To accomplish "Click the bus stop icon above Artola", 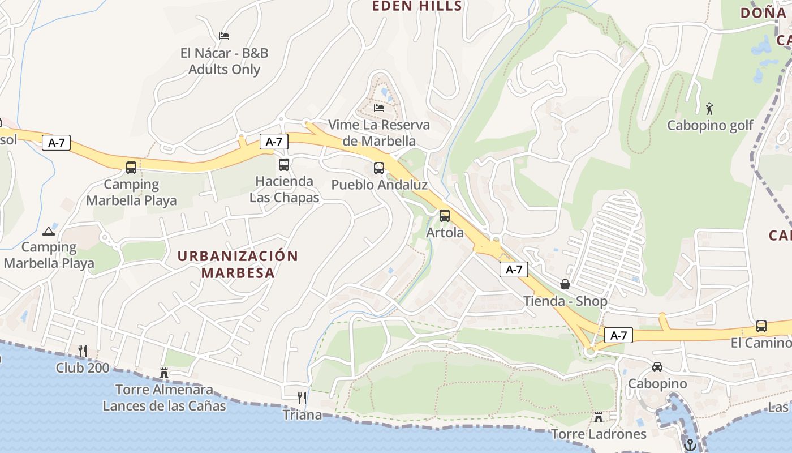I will click(x=445, y=216).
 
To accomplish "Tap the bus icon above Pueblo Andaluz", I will click(x=378, y=168).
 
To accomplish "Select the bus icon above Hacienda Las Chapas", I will click(x=284, y=165).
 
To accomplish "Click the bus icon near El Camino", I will click(x=761, y=326).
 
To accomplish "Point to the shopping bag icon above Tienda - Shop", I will click(x=565, y=284).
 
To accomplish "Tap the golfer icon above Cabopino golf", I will click(x=709, y=108).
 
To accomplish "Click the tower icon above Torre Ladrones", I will click(x=598, y=417).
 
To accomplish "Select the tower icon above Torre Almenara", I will click(x=164, y=373).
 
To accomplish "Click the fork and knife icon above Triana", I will click(x=302, y=398).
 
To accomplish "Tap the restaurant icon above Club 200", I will click(x=83, y=351).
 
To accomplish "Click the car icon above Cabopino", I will click(x=657, y=367).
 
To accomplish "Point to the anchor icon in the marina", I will click(x=689, y=445).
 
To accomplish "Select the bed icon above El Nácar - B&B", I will click(x=224, y=36).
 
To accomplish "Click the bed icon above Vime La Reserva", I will click(x=379, y=108).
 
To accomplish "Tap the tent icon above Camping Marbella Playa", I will click(x=49, y=230).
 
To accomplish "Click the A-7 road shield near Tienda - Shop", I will click(x=514, y=270).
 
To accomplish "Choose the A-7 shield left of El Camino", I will click(x=618, y=335).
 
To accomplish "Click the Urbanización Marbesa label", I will click(x=238, y=264).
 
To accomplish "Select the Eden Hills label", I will click(x=417, y=6).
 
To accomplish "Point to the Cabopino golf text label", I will click(x=710, y=125).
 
